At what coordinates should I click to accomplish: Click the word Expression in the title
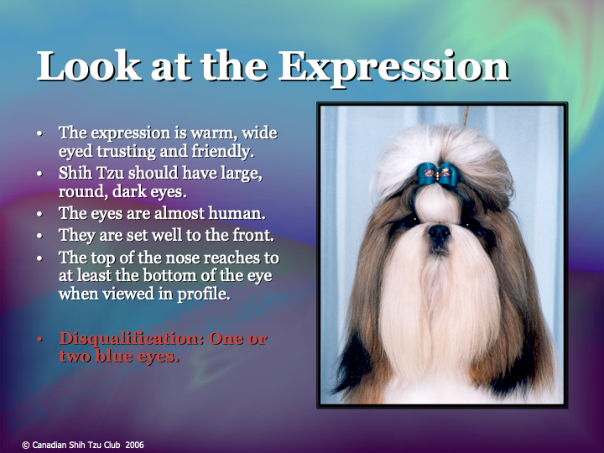[x=393, y=66]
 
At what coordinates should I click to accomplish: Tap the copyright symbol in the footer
[x=25, y=445]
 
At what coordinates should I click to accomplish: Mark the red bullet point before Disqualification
[x=39, y=339]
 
